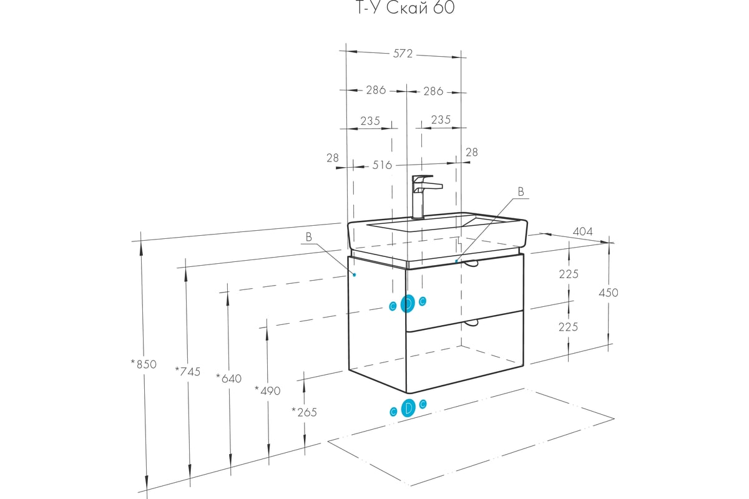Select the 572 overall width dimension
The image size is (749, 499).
(x=403, y=54)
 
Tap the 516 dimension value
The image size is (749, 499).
(x=382, y=165)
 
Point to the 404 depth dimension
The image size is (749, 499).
(x=582, y=232)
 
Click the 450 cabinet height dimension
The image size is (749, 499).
(x=608, y=293)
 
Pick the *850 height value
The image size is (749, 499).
(x=144, y=364)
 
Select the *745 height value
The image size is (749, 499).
(x=188, y=371)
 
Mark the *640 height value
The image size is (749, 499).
(x=228, y=378)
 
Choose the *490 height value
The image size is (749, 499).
(x=268, y=390)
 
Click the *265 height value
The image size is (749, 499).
(x=304, y=412)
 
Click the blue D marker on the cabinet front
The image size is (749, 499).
(x=408, y=304)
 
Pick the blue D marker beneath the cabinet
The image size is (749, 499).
(x=408, y=409)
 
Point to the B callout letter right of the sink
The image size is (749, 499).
(x=521, y=191)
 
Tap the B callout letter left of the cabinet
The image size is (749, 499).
(x=308, y=236)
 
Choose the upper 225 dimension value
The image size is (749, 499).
(x=569, y=274)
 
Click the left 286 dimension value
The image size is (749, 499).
(x=376, y=90)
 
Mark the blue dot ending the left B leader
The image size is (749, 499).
(x=354, y=274)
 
